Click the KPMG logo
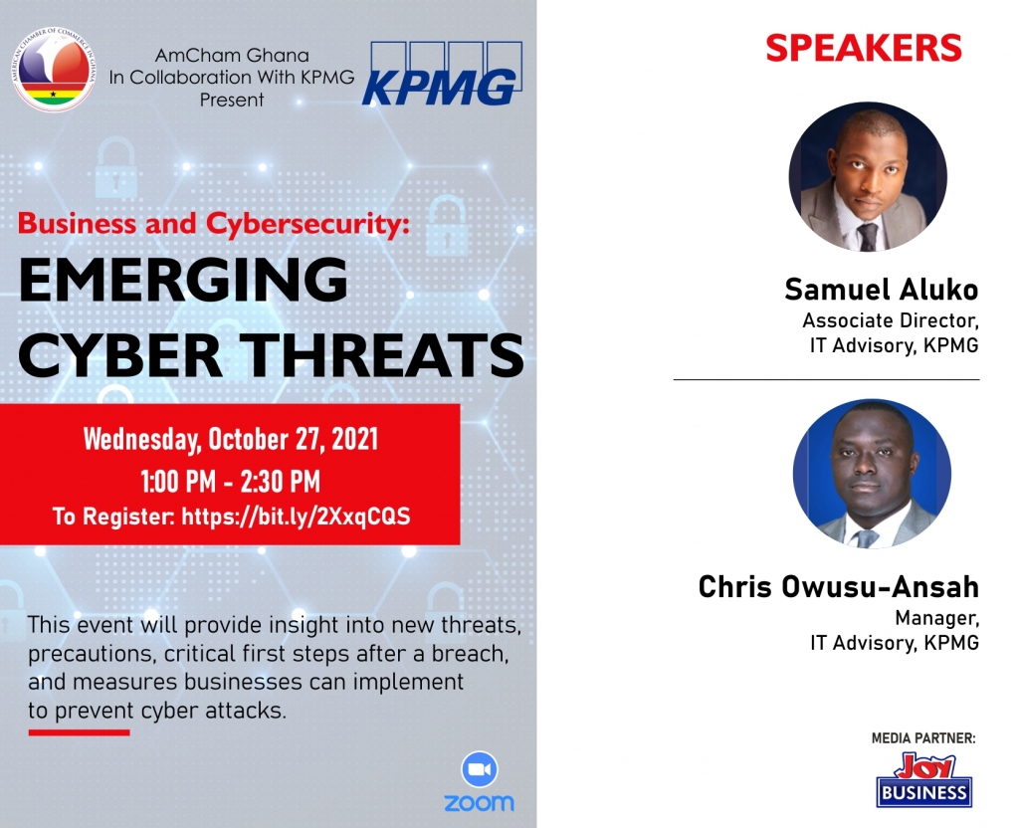pyautogui.click(x=442, y=74)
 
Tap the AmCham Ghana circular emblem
pyautogui.click(x=54, y=69)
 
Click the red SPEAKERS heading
pyautogui.click(x=864, y=48)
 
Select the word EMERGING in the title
pyautogui.click(x=183, y=280)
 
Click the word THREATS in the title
pyautogui.click(x=385, y=355)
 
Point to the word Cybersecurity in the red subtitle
pyautogui.click(x=308, y=224)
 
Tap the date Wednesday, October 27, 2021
pyautogui.click(x=231, y=439)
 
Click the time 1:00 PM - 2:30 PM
pyautogui.click(x=231, y=482)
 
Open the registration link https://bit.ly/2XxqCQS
pyautogui.click(x=296, y=517)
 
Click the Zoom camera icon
pyautogui.click(x=480, y=769)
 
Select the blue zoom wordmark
pyautogui.click(x=479, y=803)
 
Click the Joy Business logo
pyautogui.click(x=923, y=780)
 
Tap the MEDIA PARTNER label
pyautogui.click(x=923, y=738)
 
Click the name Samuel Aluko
pyautogui.click(x=882, y=290)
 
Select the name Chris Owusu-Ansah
pyautogui.click(x=838, y=587)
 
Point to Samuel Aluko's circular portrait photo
pyautogui.click(x=868, y=177)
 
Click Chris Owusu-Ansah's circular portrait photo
pyautogui.click(x=872, y=474)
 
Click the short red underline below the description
pyautogui.click(x=79, y=732)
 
